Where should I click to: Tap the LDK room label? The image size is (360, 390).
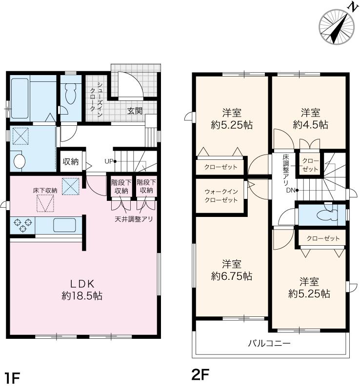pyautogui.click(x=81, y=284)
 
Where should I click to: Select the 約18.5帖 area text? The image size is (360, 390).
pyautogui.click(x=82, y=296)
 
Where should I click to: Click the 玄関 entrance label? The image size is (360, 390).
pyautogui.click(x=135, y=111)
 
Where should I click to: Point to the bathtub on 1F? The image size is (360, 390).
pyautogui.click(x=20, y=98)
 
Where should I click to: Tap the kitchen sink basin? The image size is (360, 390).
pyautogui.click(x=64, y=225)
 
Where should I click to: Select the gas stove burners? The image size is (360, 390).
pyautogui.click(x=23, y=225)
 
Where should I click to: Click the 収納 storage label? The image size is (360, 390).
pyautogui.click(x=70, y=162)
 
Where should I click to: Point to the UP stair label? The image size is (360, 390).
pyautogui.click(x=109, y=161)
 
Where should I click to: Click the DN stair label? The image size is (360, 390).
pyautogui.click(x=291, y=191)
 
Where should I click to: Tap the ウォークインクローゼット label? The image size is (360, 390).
pyautogui.click(x=221, y=196)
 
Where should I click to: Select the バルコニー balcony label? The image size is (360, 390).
pyautogui.click(x=269, y=344)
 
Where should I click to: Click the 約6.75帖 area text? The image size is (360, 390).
pyautogui.click(x=232, y=276)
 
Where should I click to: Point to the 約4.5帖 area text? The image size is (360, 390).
pyautogui.click(x=310, y=124)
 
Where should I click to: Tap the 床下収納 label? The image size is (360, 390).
pyautogui.click(x=45, y=191)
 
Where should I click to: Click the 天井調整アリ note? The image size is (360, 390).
pyautogui.click(x=134, y=219)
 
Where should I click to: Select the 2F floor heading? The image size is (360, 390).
pyautogui.click(x=200, y=374)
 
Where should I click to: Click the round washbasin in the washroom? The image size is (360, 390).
pyautogui.click(x=20, y=162)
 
